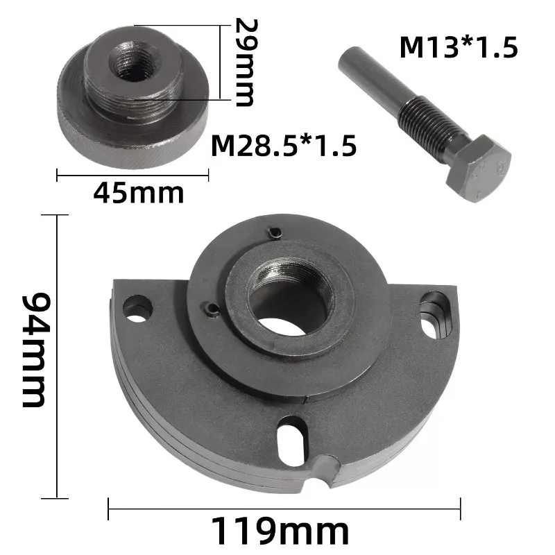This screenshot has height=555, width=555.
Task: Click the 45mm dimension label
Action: pyautogui.click(x=138, y=194)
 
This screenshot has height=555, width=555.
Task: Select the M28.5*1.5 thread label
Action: pyautogui.click(x=284, y=146)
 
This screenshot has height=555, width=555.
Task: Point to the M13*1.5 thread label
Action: pyautogui.click(x=459, y=47)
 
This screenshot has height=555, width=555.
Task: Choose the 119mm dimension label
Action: pyautogui.click(x=280, y=531)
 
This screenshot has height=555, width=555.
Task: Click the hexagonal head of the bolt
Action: pyautogui.click(x=478, y=167)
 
